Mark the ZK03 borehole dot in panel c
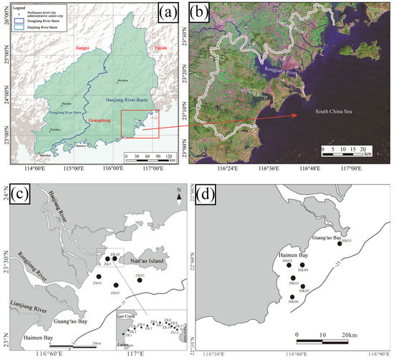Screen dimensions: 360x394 116,285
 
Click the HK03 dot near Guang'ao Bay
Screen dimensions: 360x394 340,243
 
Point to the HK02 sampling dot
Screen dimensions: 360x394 290,265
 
